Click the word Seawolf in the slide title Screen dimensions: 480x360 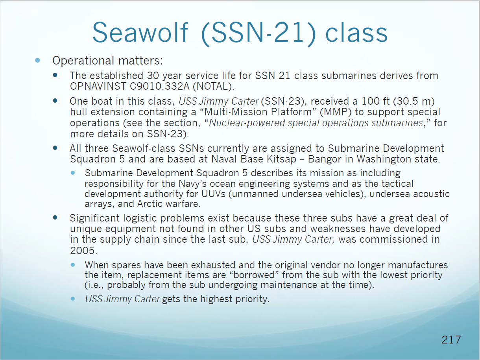click(x=140, y=33)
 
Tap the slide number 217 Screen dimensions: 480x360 click(x=451, y=340)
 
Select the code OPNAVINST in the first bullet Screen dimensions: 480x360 click(x=98, y=86)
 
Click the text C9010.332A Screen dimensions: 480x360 click(x=159, y=86)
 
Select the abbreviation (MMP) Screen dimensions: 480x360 click(x=336, y=112)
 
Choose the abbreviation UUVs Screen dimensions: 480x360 click(x=213, y=194)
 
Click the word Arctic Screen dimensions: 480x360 click(x=150, y=204)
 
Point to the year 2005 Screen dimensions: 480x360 click(x=83, y=251)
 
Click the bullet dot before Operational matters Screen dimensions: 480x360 click(x=38, y=60)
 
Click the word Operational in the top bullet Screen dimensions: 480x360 click(x=83, y=61)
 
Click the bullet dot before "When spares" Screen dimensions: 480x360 click(x=73, y=265)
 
